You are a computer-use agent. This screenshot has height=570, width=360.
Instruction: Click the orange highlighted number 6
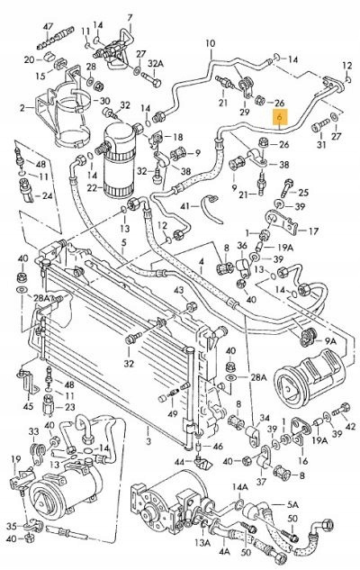click(280, 117)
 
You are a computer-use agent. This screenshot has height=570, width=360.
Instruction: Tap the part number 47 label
click(49, 26)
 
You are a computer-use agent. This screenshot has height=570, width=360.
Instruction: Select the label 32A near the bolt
click(156, 64)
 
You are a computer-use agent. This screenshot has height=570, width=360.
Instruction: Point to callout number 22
click(92, 187)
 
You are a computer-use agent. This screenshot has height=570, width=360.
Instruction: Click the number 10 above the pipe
click(210, 44)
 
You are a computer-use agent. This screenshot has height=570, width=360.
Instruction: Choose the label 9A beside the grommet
click(330, 341)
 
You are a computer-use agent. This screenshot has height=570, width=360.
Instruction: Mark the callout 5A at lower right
click(292, 505)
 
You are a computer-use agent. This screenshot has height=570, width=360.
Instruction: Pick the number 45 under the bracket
click(28, 406)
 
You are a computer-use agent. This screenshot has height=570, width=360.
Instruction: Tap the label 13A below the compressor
click(202, 543)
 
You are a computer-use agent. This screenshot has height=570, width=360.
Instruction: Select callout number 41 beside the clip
click(185, 206)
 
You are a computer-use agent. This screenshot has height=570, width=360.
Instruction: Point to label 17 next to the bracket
click(313, 231)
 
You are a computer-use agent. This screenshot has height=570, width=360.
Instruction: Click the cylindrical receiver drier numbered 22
click(119, 160)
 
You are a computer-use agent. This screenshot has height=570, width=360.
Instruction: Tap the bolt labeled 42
click(340, 410)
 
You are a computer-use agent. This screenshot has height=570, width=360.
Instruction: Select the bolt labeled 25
click(285, 189)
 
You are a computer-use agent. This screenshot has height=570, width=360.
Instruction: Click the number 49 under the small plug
click(173, 413)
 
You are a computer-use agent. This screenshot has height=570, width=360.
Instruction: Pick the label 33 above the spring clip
click(34, 431)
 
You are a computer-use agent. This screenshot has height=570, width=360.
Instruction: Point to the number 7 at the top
click(130, 17)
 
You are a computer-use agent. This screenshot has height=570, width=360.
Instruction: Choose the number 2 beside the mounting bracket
click(22, 108)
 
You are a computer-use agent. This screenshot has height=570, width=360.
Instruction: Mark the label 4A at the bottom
click(224, 551)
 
